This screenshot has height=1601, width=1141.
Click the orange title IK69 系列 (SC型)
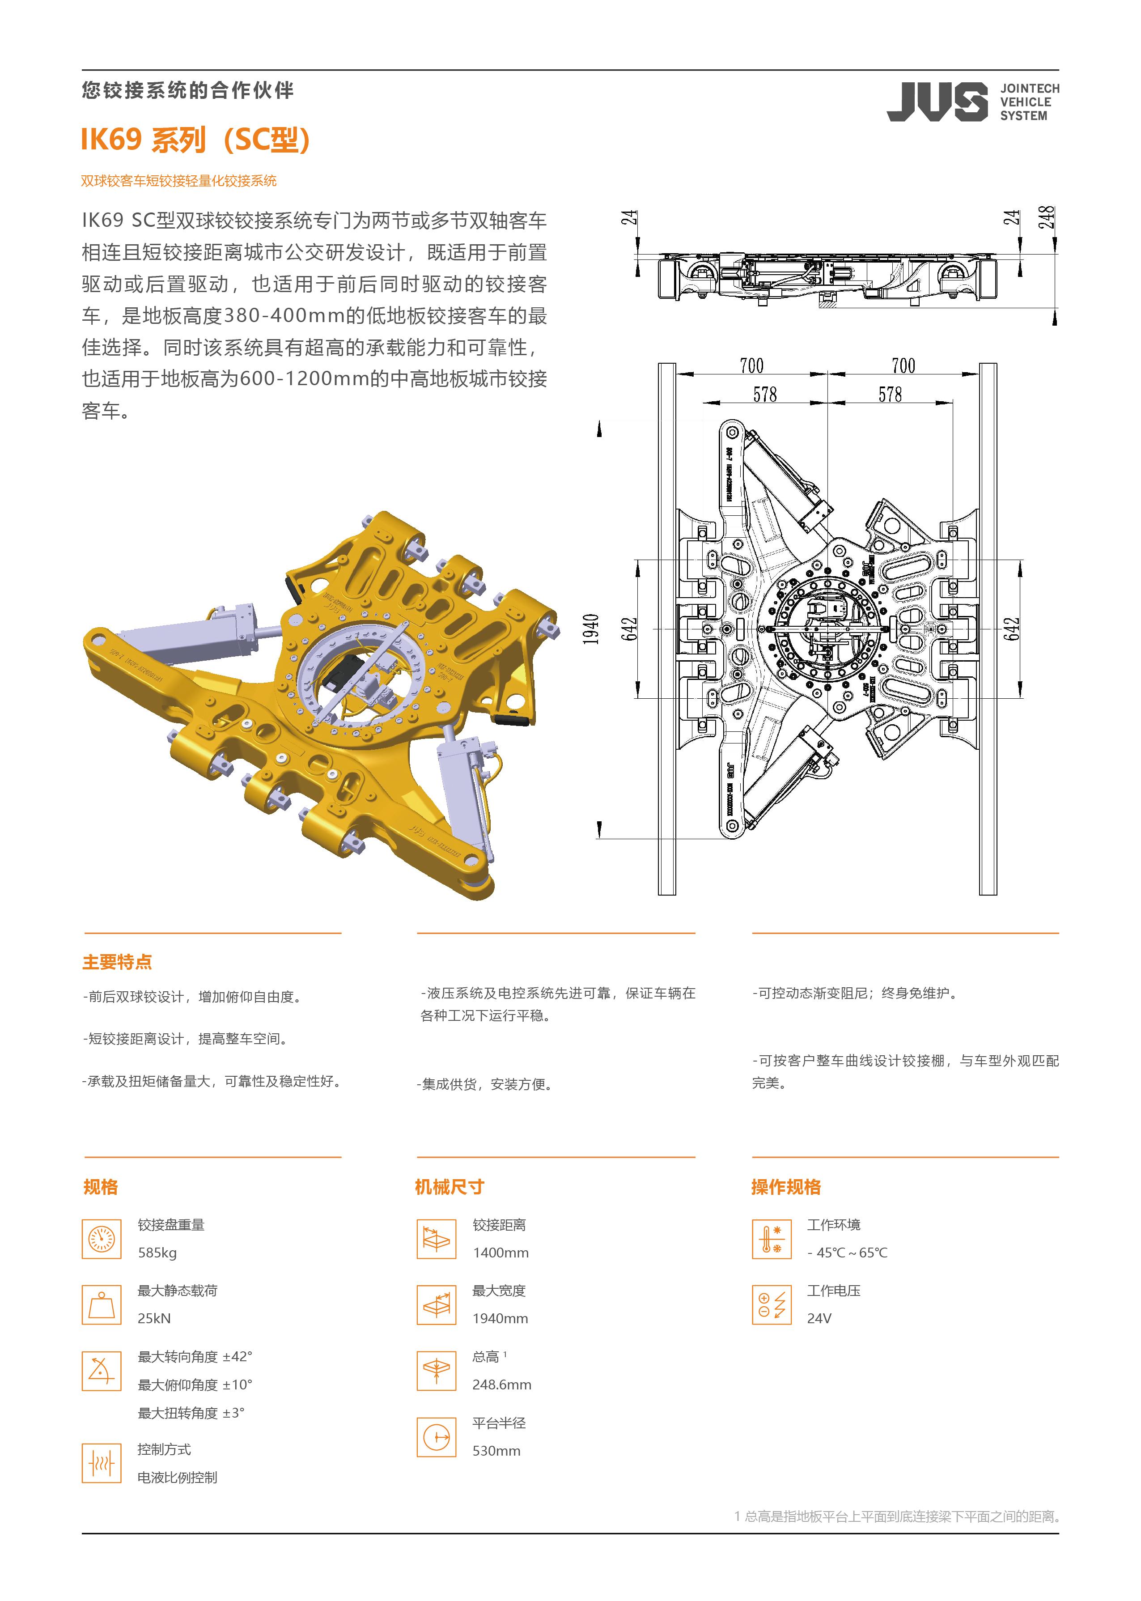click(195, 140)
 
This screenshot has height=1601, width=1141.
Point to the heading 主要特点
click(117, 962)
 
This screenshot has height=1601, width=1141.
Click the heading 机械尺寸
click(449, 1187)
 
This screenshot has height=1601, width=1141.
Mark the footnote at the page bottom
click(896, 1517)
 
